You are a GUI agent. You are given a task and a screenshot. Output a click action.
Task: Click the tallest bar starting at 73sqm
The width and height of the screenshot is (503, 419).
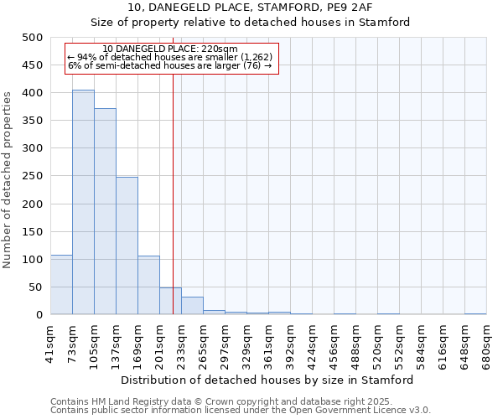83,202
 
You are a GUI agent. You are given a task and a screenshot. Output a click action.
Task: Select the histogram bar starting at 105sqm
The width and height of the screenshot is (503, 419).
105,211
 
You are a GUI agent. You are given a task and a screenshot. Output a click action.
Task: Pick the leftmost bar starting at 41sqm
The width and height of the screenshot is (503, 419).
61,285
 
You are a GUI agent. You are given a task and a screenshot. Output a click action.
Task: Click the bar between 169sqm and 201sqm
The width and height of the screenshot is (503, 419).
148,285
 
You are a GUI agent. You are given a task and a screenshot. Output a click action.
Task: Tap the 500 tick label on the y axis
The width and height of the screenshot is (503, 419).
33,38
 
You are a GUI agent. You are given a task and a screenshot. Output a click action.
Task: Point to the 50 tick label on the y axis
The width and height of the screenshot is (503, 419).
36,287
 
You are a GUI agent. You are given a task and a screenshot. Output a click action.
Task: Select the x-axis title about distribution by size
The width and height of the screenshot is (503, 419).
268,380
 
